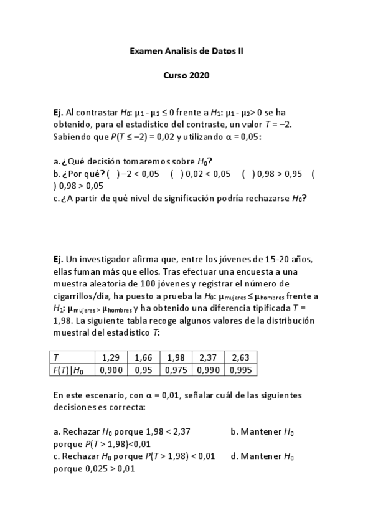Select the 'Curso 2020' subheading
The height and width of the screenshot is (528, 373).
coord(186,76)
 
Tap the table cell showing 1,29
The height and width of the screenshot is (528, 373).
coord(110,357)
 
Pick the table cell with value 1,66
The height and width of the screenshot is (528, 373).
coord(143,357)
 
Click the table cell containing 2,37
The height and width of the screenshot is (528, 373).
coord(208,357)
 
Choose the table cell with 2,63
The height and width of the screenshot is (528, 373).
coord(240,357)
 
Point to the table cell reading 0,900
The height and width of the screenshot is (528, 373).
coord(110,369)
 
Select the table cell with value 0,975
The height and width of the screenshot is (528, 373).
coord(176,369)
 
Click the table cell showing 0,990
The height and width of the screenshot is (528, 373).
coord(208,369)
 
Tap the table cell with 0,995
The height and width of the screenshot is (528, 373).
coord(240,369)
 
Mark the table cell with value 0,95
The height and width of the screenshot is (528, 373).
coord(143,369)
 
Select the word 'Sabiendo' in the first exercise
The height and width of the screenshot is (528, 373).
coord(72,137)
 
